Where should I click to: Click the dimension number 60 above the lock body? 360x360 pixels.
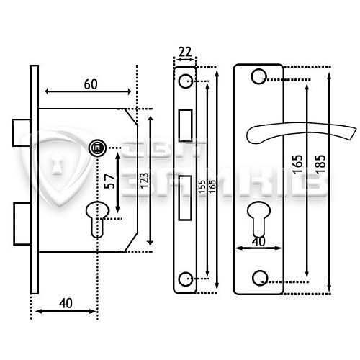90,84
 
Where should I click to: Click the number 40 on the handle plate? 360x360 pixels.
258,241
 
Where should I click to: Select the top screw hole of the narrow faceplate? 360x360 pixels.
185,77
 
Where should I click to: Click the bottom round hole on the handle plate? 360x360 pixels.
258,279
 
